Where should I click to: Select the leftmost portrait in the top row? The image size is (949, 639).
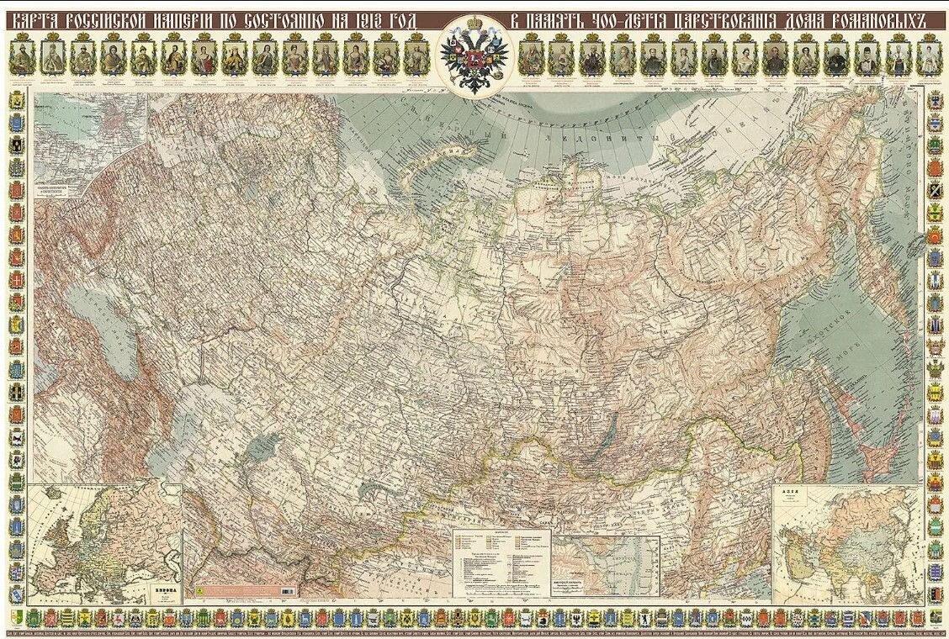tap(23, 57)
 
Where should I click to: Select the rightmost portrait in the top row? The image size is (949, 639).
tap(928, 57)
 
